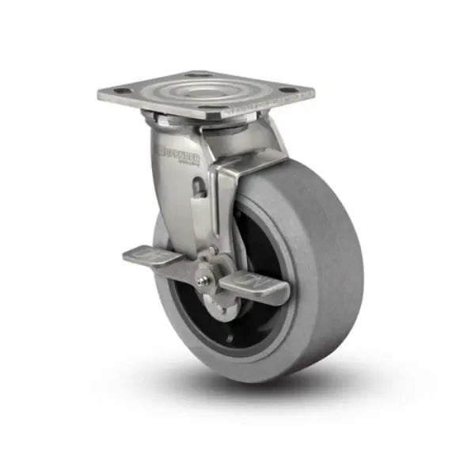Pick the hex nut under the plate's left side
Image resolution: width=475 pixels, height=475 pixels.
(155, 120)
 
